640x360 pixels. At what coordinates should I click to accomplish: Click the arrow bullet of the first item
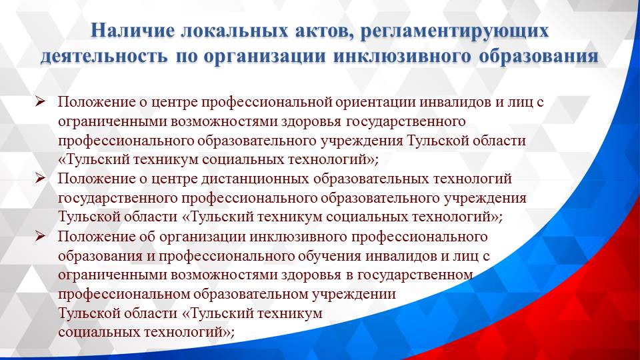point(40,102)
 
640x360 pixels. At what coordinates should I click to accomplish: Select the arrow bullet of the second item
point(40,179)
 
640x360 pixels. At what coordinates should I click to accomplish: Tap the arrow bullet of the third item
point(40,236)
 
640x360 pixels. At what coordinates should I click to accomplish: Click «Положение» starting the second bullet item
point(89,179)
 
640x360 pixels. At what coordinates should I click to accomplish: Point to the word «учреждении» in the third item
point(355,294)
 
